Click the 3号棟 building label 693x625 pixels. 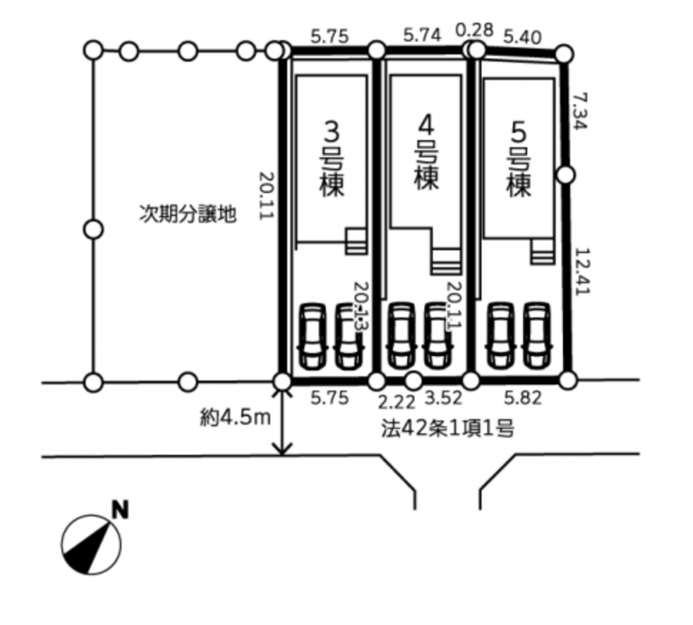(332, 157)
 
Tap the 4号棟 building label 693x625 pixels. (426, 152)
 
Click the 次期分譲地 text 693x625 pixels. (187, 213)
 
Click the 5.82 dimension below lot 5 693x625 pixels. (526, 399)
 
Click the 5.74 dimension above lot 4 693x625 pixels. (421, 35)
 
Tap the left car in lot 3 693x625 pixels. (313, 335)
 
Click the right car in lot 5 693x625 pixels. (536, 334)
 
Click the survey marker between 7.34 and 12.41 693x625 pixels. (566, 174)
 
